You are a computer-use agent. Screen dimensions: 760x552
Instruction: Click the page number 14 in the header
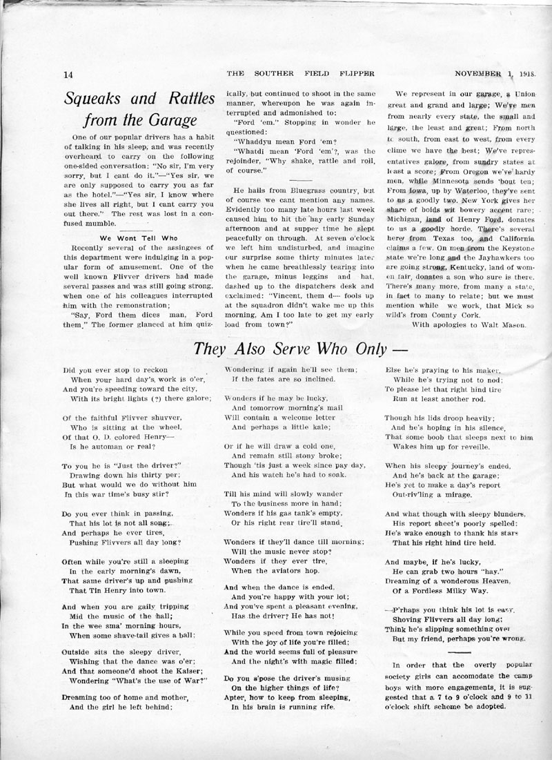(x=68, y=75)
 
